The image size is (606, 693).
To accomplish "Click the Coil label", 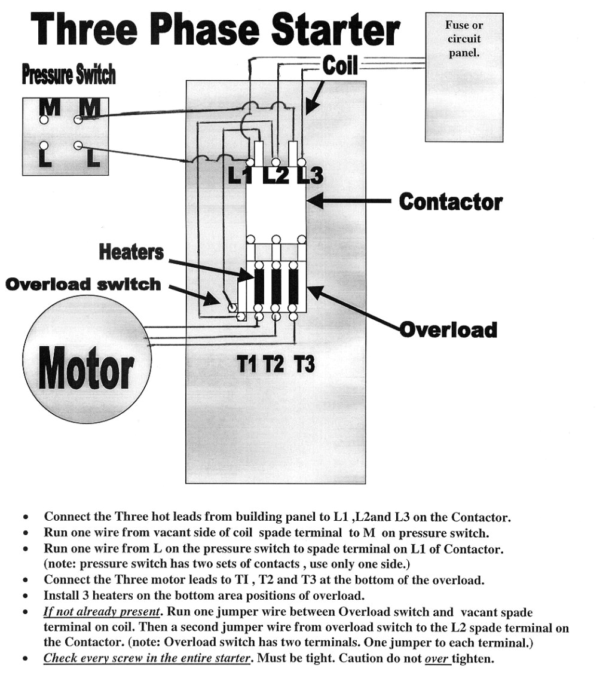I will pos(340,65).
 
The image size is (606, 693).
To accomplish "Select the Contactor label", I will pos(451,202).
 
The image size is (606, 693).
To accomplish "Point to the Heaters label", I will pos(131,252).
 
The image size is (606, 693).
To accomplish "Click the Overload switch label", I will pos(83,284).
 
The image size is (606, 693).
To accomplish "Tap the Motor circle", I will pos(87,359).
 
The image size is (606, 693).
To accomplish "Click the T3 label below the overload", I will pos(304,364).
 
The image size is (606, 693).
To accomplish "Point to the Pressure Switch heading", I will pos(68,76).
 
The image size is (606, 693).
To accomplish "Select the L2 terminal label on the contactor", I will pos(276,176).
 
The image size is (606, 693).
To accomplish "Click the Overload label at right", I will pos(448,329).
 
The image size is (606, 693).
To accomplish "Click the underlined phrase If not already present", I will pos(102,612).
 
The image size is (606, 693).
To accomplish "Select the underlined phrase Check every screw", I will pos(146,659).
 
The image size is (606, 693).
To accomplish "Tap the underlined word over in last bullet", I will pos(436,659).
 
